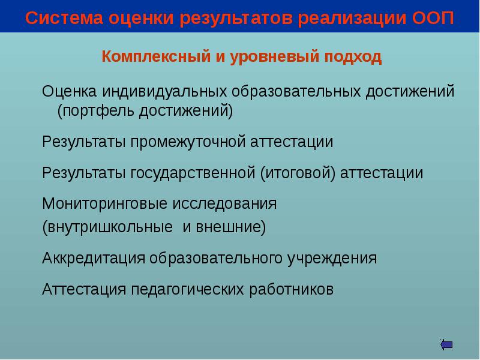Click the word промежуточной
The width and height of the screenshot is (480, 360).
(x=187, y=142)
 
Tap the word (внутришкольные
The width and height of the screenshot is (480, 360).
(x=106, y=228)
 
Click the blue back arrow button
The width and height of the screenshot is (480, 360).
(x=446, y=344)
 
